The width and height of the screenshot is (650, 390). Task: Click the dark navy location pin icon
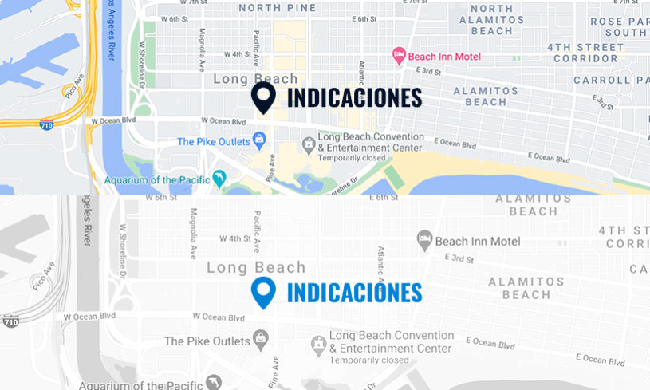pos(263,97)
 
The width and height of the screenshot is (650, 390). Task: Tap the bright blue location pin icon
pos(263,293)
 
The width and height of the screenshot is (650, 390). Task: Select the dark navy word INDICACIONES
pos(354,97)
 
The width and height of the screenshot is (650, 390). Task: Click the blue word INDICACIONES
pos(354,293)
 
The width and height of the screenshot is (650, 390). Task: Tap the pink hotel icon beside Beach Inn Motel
pos(398,56)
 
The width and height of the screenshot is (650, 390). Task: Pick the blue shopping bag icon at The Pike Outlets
pos(258,141)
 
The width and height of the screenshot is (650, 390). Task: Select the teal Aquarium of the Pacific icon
pos(218,178)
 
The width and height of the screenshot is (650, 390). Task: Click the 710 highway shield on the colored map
pos(48,124)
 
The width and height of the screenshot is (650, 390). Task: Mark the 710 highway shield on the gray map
pos(10,321)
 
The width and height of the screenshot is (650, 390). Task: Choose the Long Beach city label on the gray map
pos(255,268)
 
